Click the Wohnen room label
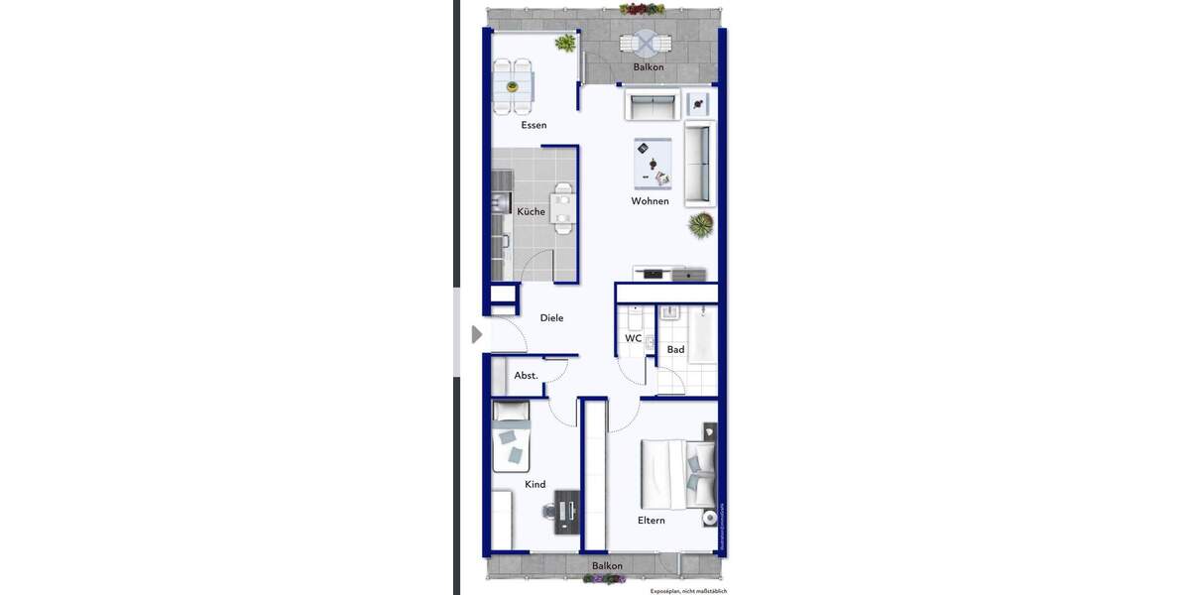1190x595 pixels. [x=650, y=201]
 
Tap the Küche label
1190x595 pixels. [x=531, y=211]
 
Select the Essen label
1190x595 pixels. [x=534, y=125]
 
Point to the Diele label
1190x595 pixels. [x=551, y=318]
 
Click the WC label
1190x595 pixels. [x=633, y=338]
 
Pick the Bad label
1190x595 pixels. [x=675, y=349]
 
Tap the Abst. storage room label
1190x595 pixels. [x=526, y=376]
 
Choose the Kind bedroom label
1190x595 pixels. [x=535, y=485]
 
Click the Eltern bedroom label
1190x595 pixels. [x=651, y=520]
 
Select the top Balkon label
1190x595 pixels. [x=649, y=67]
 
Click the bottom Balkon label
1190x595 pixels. [x=607, y=566]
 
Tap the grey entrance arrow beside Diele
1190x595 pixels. [x=477, y=335]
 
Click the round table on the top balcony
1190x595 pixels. [x=646, y=43]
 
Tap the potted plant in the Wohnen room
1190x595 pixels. [x=701, y=225]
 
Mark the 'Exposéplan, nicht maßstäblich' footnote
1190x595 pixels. [x=688, y=591]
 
